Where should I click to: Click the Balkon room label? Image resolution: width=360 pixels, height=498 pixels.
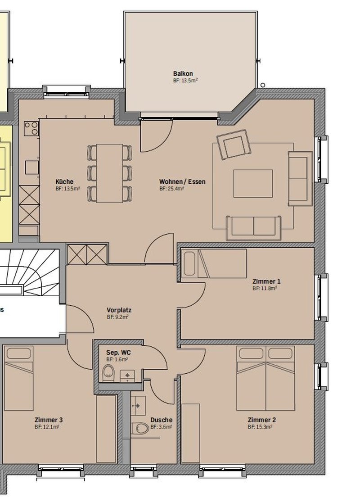coord(183,74)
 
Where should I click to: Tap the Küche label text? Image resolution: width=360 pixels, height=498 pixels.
coord(64,181)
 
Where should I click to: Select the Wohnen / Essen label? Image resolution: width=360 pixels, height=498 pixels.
coord(182,181)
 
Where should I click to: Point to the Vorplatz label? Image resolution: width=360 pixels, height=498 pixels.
coord(119,310)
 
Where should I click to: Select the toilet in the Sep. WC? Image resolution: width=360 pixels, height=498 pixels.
coord(108,372)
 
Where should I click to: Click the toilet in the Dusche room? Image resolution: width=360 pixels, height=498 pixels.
coord(140,429)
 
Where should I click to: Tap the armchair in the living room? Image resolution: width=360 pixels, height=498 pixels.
coord(234,144)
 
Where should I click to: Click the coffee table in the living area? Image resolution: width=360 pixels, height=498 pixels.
coord(253,184)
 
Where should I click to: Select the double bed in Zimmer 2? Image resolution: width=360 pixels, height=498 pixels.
coord(265,378)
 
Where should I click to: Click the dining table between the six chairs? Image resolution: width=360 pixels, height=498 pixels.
coord(109,173)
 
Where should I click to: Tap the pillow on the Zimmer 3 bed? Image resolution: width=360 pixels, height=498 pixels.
coord(19,353)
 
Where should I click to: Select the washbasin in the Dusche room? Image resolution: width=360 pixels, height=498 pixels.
coord(138,406)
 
